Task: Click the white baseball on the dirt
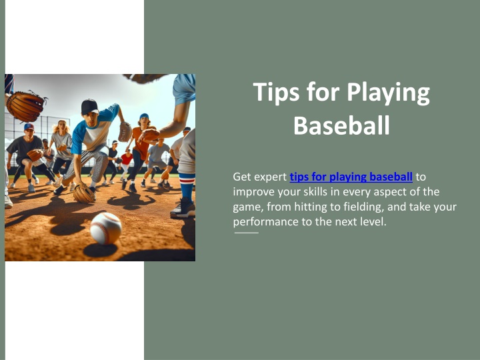(x=106, y=229)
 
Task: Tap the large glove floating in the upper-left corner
(x=26, y=106)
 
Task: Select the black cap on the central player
(x=89, y=107)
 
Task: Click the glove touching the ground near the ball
(x=84, y=193)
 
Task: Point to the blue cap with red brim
(x=29, y=127)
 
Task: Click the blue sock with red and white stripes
(x=187, y=187)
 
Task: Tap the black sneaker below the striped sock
(x=183, y=208)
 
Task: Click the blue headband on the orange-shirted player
(x=144, y=116)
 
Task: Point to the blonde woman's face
(x=62, y=126)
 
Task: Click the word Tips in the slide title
(x=277, y=92)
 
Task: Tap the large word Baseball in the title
(x=341, y=125)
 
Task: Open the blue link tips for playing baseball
(x=351, y=177)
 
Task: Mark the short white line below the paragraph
(x=247, y=233)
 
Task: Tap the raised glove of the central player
(x=125, y=131)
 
